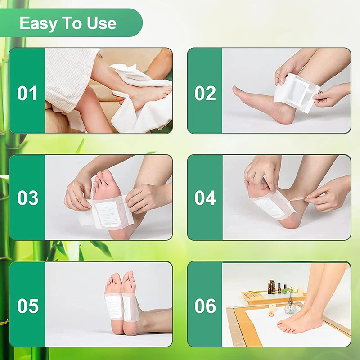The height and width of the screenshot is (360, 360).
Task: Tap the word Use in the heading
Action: (102, 23)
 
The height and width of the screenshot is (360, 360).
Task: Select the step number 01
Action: (27, 93)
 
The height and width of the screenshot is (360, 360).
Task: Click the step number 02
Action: (205, 93)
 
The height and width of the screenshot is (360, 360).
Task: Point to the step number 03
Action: (27, 198)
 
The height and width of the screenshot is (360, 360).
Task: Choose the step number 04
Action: (205, 198)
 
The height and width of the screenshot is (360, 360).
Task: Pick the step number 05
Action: (27, 306)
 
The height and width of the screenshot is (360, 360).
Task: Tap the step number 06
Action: (205, 306)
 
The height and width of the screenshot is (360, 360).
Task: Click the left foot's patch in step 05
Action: (113, 306)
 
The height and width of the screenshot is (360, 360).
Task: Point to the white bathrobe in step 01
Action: (67, 76)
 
